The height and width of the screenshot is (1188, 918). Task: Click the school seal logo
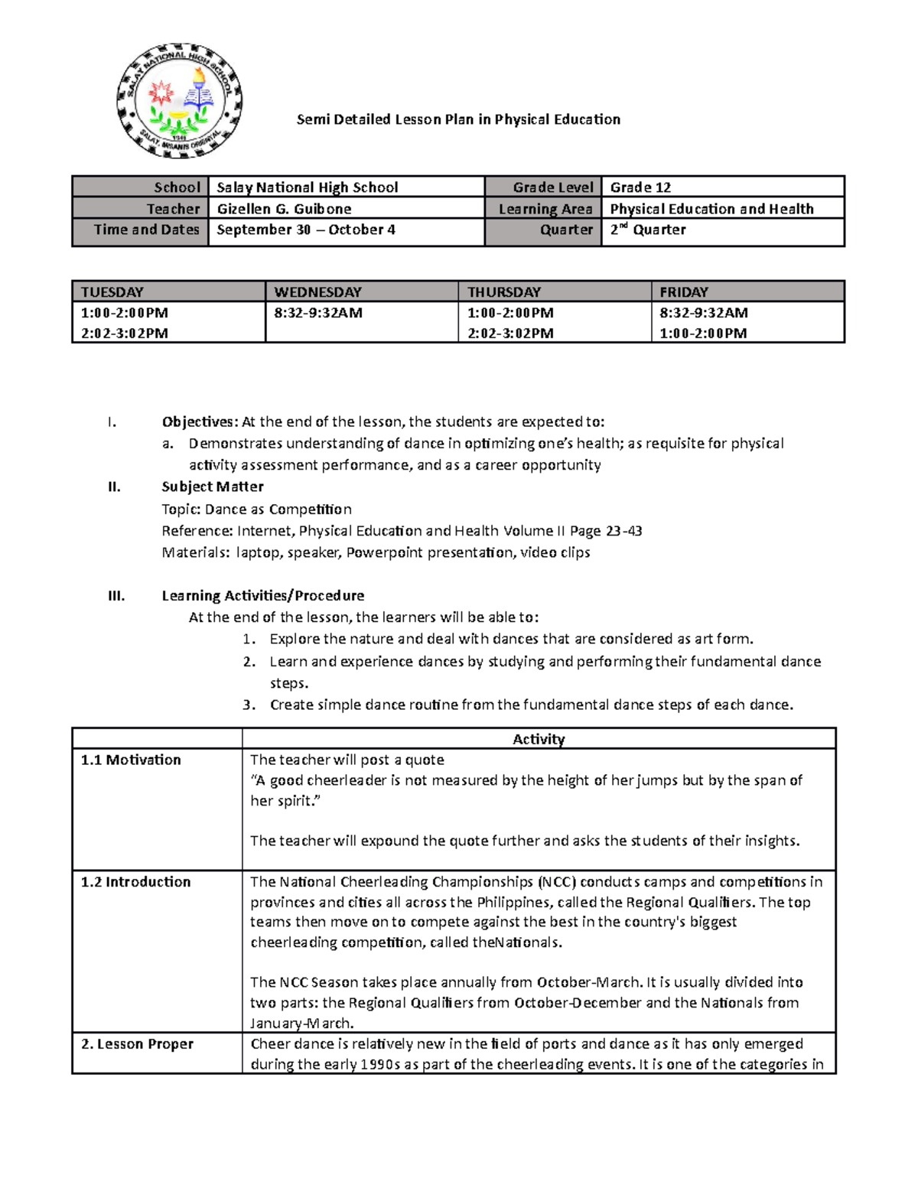coord(180,101)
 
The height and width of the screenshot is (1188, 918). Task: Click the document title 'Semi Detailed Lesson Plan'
coord(458,119)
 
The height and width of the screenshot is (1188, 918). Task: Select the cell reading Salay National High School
coord(307,187)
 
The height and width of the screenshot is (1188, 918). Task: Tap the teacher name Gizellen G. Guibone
coord(284,209)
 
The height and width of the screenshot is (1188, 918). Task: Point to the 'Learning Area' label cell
coord(545,209)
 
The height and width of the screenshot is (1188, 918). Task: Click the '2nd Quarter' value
coord(647,229)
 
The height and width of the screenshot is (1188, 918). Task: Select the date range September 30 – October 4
coord(306,229)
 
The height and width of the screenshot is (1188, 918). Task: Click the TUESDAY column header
coord(112,291)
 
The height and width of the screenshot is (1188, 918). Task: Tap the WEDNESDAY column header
coord(317,291)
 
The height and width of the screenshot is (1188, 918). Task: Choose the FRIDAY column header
coord(684,291)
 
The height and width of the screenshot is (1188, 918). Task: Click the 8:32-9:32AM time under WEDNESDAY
coord(318,313)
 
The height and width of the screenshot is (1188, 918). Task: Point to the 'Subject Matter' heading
coord(213,487)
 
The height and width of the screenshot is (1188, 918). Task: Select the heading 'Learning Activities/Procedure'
coord(262,595)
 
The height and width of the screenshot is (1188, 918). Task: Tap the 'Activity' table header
coord(539,739)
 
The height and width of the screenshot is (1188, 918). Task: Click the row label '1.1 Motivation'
coord(131,760)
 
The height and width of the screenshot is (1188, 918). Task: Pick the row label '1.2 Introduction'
coord(135,881)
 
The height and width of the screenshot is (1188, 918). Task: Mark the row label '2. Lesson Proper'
coord(137,1043)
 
